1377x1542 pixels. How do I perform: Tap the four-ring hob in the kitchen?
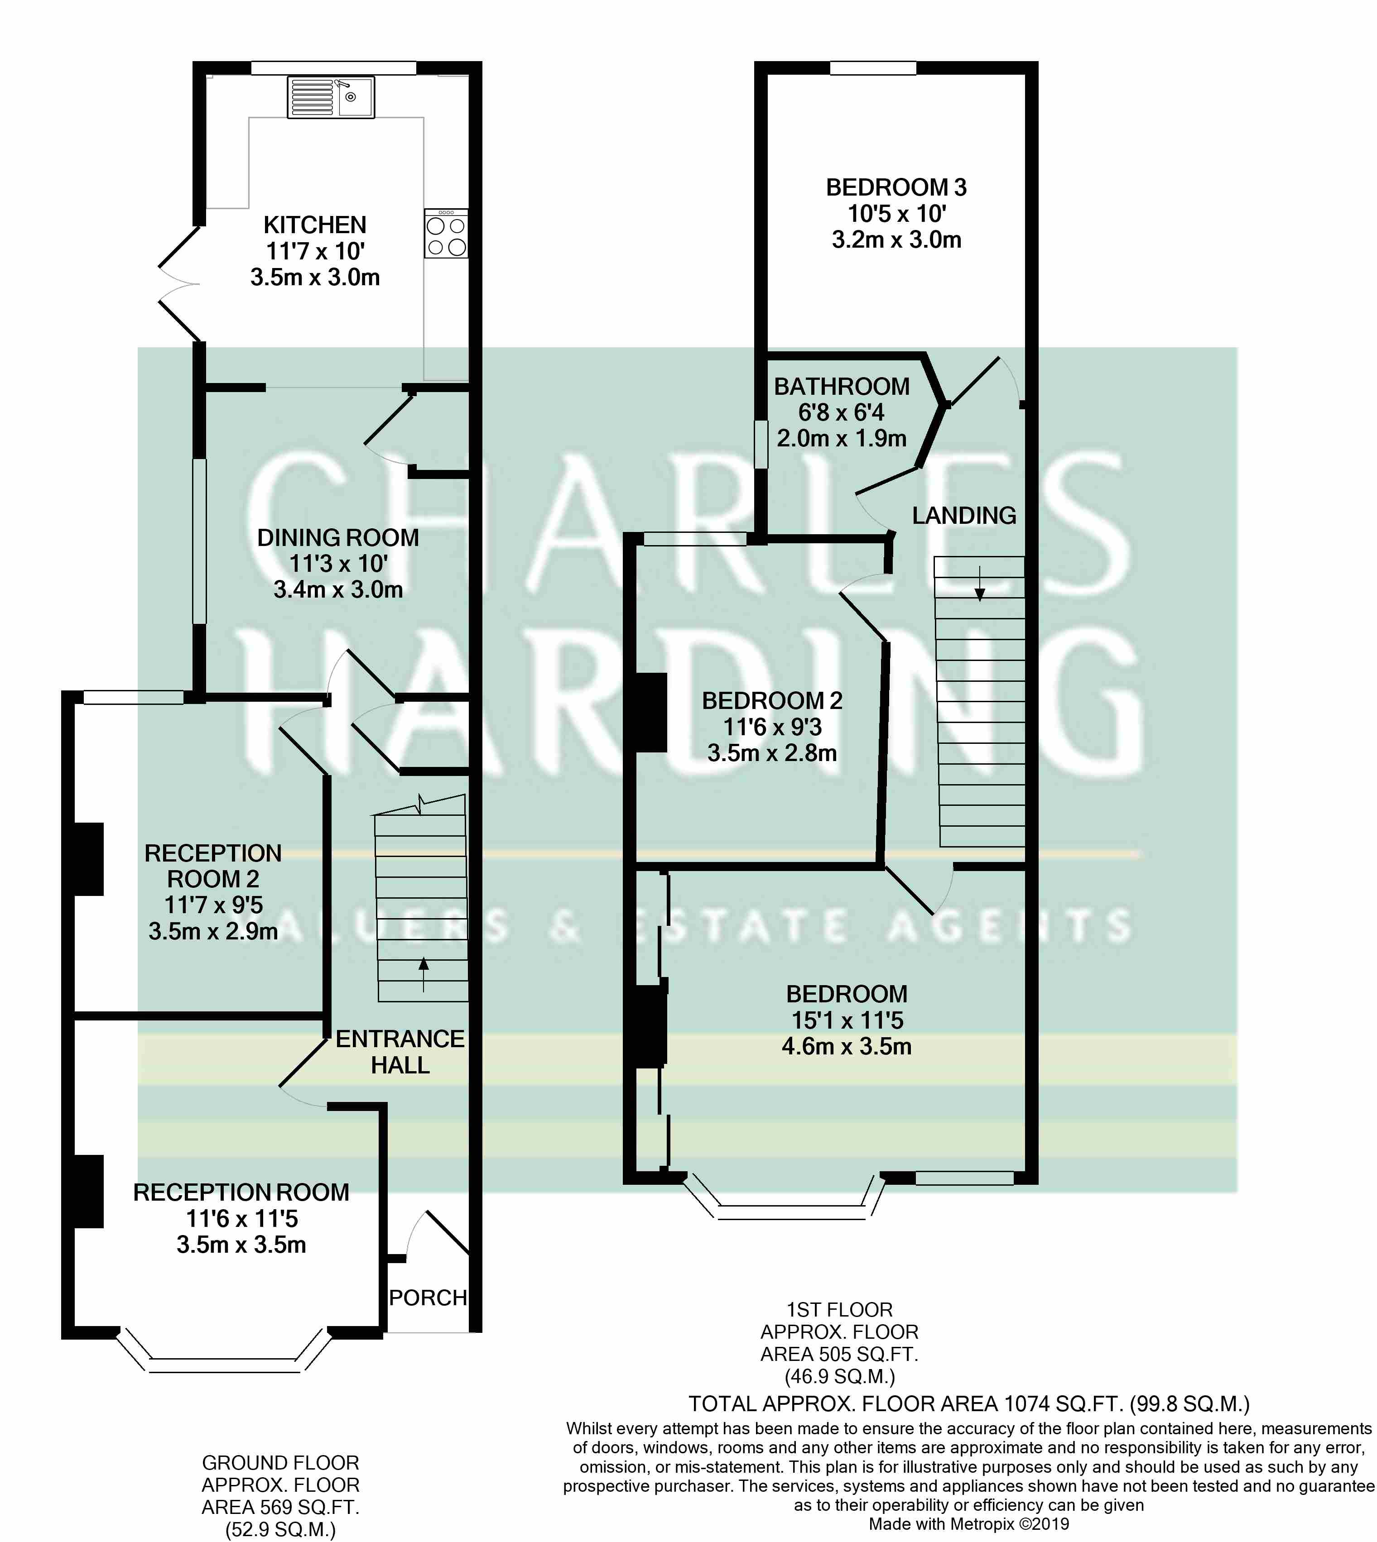(x=446, y=234)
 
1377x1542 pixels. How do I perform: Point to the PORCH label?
(x=428, y=1298)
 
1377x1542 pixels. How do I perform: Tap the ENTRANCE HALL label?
(x=400, y=1052)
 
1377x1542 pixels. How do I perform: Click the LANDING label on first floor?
(x=964, y=516)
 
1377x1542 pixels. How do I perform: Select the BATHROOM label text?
(x=841, y=387)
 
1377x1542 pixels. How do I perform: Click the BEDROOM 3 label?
(x=896, y=187)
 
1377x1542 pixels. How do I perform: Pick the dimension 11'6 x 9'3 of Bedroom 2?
(x=772, y=727)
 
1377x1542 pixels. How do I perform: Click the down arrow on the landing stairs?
(x=980, y=583)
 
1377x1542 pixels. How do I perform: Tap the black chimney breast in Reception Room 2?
(x=88, y=859)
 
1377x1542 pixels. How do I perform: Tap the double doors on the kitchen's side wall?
(x=178, y=284)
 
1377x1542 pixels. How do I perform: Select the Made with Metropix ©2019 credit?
(x=969, y=1524)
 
